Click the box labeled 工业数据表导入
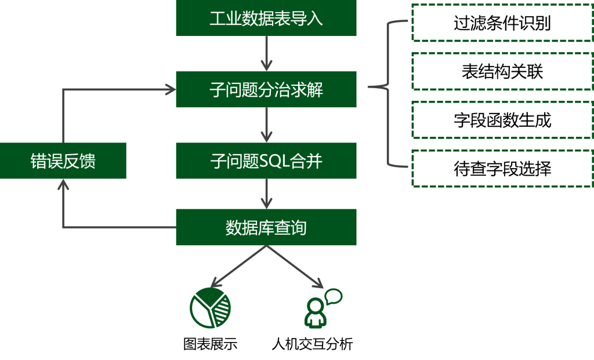point(266,18)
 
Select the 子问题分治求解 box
point(266,89)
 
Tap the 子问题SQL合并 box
point(266,161)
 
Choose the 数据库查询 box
point(266,227)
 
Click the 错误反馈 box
point(63,161)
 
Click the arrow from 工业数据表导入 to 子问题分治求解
point(266,53)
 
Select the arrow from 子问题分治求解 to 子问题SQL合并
point(266,125)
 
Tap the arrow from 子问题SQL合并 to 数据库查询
point(266,194)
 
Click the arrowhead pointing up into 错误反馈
point(63,184)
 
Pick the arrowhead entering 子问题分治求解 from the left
point(170,89)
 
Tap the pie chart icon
point(210,308)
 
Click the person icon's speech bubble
point(334,297)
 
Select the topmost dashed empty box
point(502,23)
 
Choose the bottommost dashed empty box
point(502,168)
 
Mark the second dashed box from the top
point(502,71)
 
